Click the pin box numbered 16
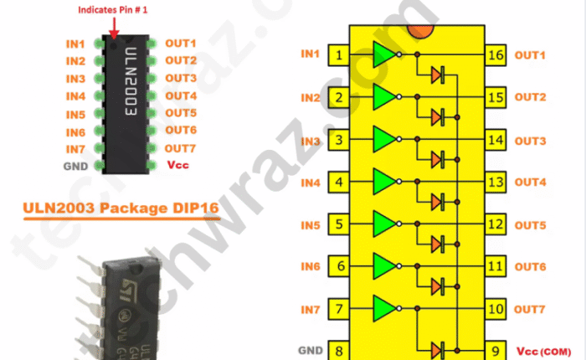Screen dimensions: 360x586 point(496,56)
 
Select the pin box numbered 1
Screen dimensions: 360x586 point(338,56)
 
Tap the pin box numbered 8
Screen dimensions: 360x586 point(338,350)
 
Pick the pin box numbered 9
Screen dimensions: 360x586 point(496,350)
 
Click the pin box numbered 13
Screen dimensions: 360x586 point(496,183)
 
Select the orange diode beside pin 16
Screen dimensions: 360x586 point(437,75)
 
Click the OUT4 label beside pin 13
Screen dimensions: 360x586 point(531,183)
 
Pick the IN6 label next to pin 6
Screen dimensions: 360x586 point(311,266)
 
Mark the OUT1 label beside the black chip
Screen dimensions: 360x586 point(180,43)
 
